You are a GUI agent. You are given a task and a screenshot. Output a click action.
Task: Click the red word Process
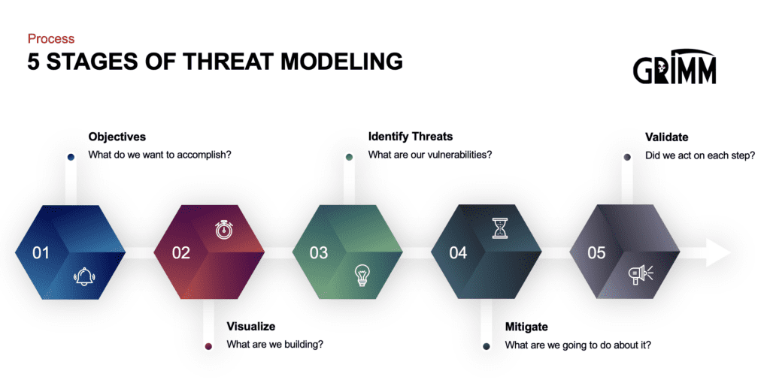pos(50,38)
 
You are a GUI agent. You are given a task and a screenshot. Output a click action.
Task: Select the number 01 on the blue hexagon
pos(41,253)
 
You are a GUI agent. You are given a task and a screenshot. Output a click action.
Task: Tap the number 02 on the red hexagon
pos(180,253)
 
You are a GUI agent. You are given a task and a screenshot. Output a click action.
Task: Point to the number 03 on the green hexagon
pos(319,253)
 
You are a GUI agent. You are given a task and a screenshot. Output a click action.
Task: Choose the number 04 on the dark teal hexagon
pos(458,253)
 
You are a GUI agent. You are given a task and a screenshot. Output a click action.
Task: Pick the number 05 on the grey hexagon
pos(596,253)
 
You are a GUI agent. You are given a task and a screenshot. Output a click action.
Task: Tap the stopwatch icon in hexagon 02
pos(223,229)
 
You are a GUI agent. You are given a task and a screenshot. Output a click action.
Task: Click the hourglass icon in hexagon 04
pos(501,228)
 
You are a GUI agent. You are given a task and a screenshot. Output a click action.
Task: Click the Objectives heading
pos(117,137)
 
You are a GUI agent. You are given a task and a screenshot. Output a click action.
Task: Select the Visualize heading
pos(250,327)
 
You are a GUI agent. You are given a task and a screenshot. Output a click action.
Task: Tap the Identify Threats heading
pos(410,137)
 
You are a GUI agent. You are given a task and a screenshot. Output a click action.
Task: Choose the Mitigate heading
pos(526,327)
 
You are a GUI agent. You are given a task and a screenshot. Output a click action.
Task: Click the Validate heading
pos(666,137)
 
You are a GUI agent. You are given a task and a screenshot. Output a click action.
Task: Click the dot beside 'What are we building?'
pos(208,346)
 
